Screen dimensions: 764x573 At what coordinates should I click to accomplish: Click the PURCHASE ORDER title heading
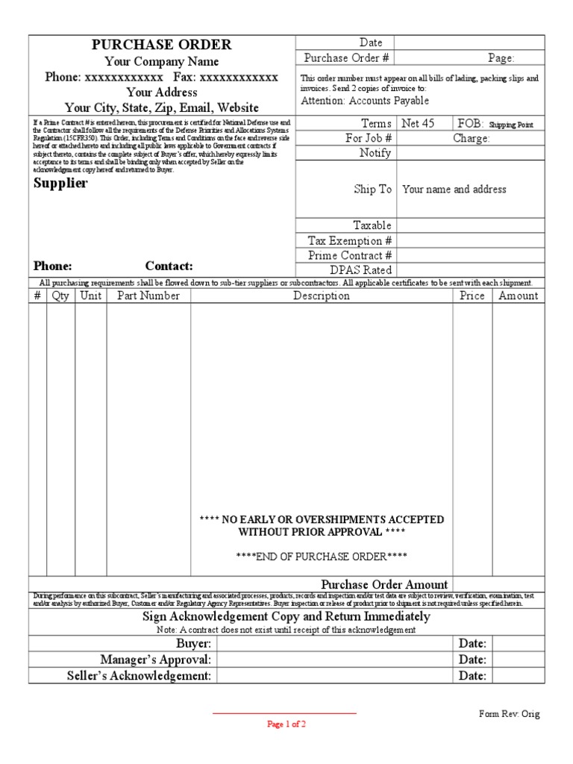coord(162,45)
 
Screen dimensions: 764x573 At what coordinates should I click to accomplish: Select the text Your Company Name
coord(162,61)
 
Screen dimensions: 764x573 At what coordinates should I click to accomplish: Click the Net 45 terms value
coord(418,123)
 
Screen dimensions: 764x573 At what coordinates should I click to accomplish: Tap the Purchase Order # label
coord(347,57)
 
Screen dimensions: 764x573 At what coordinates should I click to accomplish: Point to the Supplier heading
coord(60,183)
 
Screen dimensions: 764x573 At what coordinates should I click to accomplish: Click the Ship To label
coord(372,189)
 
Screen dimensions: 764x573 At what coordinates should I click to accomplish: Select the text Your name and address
coord(454,190)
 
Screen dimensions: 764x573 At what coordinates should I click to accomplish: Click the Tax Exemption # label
coord(350,240)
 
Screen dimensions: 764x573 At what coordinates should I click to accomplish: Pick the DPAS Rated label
coord(360,270)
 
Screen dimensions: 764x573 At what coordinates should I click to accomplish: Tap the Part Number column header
coord(148,295)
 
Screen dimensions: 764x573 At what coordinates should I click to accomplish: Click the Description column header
coord(321,295)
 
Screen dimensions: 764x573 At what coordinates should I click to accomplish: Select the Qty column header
coord(60,295)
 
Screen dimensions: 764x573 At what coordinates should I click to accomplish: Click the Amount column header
coord(518,295)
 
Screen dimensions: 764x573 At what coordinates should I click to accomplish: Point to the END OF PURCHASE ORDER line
coord(322,557)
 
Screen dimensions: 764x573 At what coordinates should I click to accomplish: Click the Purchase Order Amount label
coord(384,584)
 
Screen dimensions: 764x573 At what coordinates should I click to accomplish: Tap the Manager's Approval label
coord(156,660)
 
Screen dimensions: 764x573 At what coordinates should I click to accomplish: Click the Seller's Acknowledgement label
coord(140,676)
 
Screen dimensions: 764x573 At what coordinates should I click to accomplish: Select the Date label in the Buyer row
coord(472,643)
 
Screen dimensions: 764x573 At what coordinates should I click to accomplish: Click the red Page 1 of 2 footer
coord(286,724)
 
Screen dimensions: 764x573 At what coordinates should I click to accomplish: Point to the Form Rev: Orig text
coord(509,714)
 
